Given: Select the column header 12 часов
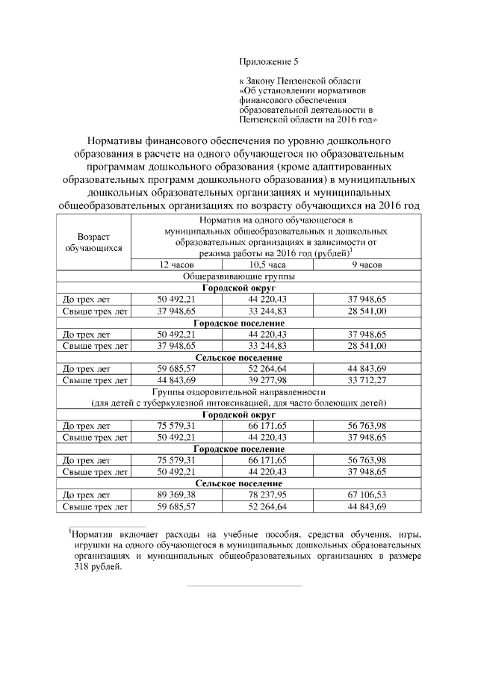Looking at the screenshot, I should pos(176,265).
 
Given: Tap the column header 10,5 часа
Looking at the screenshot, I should pos(267,265).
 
